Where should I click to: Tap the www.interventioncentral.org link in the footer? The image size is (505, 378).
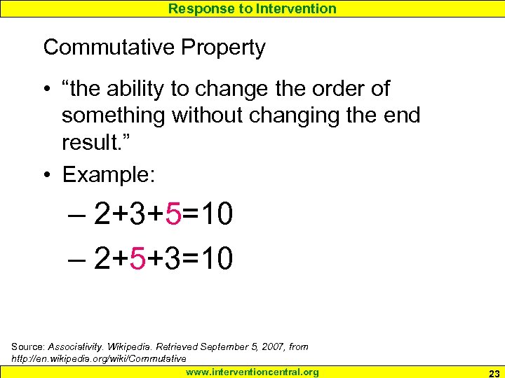pyautogui.click(x=252, y=372)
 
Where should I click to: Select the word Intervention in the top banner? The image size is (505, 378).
pyautogui.click(x=294, y=8)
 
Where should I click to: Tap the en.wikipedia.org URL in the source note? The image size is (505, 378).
pyautogui.click(x=99, y=358)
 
